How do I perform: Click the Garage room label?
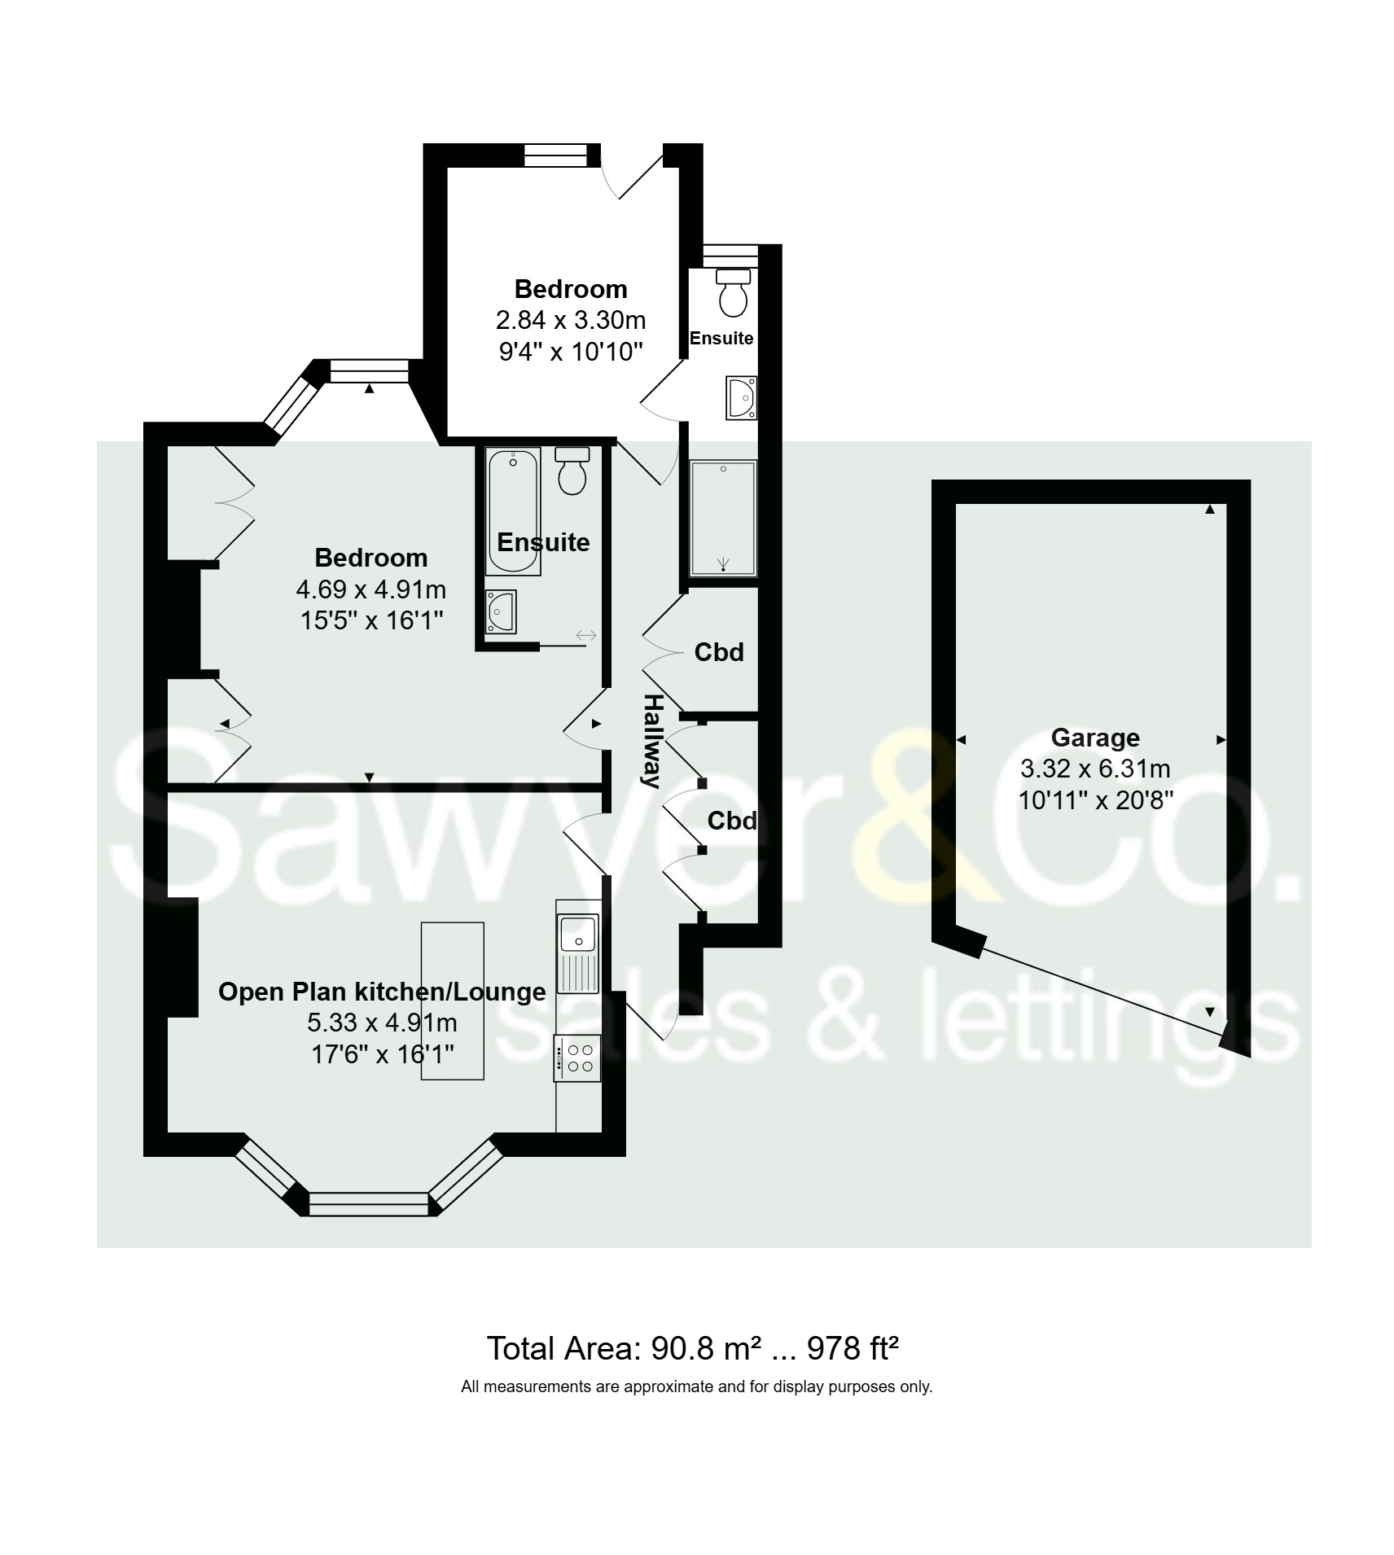[1094, 738]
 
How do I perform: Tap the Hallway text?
[651, 740]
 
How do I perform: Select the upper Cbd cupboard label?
[718, 652]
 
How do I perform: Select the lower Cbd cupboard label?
[731, 821]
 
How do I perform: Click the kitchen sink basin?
[577, 931]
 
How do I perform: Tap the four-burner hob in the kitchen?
[577, 1058]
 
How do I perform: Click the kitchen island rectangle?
[452, 1001]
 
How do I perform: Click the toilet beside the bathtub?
[572, 471]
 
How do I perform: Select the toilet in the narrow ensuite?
[733, 293]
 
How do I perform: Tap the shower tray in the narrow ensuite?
[723, 519]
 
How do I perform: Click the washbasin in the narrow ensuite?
[742, 397]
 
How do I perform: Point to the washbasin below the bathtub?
[500, 611]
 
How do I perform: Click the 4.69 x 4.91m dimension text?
[370, 589]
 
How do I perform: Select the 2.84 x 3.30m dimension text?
[570, 320]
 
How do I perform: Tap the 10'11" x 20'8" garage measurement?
[1095, 800]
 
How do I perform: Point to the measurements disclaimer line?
[696, 1386]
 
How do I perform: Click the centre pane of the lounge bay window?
[369, 1204]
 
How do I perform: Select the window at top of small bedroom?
[555, 155]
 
